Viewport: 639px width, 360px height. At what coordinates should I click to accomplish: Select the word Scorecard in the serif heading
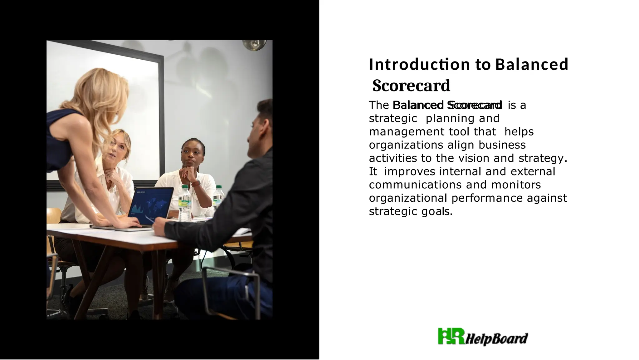pos(411,86)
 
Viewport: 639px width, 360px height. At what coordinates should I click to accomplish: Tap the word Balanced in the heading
pos(532,64)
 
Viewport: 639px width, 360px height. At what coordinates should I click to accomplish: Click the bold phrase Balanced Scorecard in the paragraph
pos(447,105)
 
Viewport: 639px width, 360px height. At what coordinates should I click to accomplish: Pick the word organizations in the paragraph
pos(406,145)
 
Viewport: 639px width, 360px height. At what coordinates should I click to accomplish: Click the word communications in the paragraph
pos(415,185)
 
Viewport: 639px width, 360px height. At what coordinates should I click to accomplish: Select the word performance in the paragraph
pos(487,198)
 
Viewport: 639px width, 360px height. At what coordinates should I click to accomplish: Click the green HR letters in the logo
pos(451,336)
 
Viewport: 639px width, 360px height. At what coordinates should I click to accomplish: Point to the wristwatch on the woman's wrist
pos(196,183)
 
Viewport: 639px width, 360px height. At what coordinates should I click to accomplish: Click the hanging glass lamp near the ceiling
pos(255,44)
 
